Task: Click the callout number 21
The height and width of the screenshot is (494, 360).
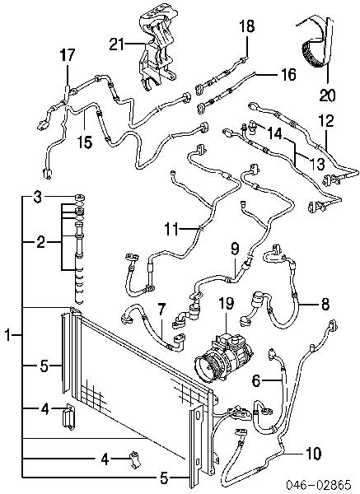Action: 117,44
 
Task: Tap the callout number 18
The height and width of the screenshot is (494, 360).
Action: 246,26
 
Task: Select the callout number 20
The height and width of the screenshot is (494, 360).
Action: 327,95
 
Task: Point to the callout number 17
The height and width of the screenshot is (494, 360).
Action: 68,55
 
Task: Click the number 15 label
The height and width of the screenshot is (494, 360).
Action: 85,142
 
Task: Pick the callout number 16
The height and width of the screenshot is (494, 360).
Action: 288,74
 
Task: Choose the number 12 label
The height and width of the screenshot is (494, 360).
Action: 325,121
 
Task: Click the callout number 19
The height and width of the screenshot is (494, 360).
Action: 227,303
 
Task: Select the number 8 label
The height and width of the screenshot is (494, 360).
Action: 325,305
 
